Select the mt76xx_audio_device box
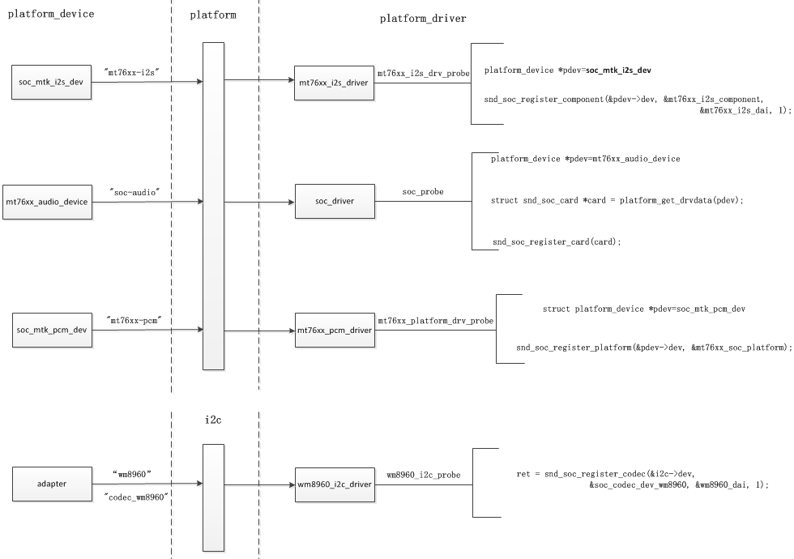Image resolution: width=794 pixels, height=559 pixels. (x=47, y=201)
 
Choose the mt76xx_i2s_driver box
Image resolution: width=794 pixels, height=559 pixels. (x=335, y=82)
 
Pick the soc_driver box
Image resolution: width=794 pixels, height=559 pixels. (x=335, y=200)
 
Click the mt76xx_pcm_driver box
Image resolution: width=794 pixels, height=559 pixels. (x=335, y=331)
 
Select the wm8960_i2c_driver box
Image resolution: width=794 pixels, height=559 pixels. (x=335, y=484)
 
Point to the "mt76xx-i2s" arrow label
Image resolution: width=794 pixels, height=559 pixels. (x=133, y=73)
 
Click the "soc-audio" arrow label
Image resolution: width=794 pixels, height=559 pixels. (x=134, y=191)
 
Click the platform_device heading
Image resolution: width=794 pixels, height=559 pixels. (x=50, y=14)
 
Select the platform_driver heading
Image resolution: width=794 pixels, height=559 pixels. (x=423, y=19)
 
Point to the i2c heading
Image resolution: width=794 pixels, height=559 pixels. (x=215, y=420)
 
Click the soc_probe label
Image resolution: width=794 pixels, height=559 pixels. (x=423, y=192)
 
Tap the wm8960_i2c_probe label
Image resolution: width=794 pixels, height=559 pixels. (x=423, y=473)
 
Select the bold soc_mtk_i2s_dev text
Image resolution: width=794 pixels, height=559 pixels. (x=619, y=70)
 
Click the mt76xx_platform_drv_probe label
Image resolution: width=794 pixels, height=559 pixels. (x=435, y=321)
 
